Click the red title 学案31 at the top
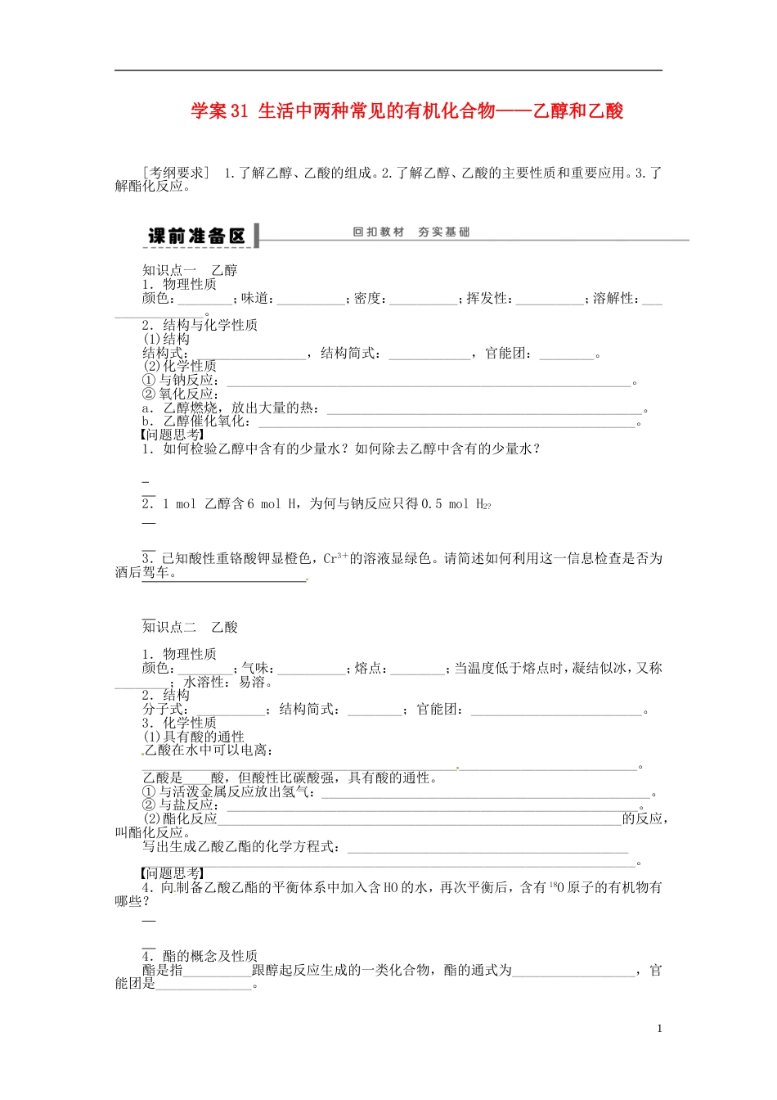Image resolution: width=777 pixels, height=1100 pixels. (219, 110)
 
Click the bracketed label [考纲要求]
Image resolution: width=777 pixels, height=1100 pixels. (176, 173)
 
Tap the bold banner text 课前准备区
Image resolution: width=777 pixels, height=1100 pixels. (196, 236)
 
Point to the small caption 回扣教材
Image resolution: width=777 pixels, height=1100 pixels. (379, 232)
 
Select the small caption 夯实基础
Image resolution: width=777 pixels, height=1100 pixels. (443, 232)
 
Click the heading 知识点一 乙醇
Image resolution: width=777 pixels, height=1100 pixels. (190, 270)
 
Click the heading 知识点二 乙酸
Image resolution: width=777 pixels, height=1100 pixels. (190, 627)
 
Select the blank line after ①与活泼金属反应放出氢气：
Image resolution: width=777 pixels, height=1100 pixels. (486, 793)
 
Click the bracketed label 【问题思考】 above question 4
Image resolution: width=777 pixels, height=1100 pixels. (173, 873)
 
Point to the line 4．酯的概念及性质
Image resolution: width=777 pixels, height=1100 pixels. (200, 956)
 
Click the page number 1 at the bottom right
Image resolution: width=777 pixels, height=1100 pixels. (659, 1029)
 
